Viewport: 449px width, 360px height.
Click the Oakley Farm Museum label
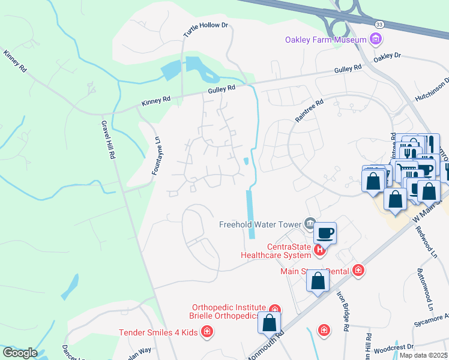[x=325, y=40]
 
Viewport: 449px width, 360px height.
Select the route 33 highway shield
[x=379, y=24]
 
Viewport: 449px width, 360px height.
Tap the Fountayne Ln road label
[x=156, y=155]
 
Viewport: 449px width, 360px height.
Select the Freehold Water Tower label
[x=261, y=224]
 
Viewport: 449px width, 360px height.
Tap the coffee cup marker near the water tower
[x=325, y=233]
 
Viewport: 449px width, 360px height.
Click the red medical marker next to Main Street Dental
[x=358, y=271]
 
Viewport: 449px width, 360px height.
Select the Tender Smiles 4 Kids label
[x=158, y=332]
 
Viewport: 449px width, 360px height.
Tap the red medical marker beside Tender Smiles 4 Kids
[x=206, y=331]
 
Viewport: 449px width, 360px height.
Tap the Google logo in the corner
[x=20, y=353]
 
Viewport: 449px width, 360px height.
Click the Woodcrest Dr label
[x=394, y=347]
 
